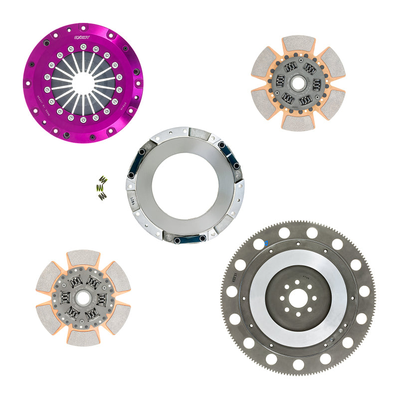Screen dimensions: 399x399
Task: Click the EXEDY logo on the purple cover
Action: [x=82, y=37]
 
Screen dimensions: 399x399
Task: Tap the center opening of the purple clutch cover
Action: [x=83, y=84]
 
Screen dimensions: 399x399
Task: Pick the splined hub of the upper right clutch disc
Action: [x=298, y=83]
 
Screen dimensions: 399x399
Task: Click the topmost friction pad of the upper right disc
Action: [x=299, y=44]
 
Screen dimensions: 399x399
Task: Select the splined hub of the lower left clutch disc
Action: [x=83, y=298]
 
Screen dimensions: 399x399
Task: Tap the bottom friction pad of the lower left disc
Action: [x=83, y=337]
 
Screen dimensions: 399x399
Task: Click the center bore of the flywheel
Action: [x=298, y=298]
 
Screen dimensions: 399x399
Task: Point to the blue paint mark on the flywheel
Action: [x=266, y=243]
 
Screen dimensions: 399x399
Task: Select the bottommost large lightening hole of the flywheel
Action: [x=298, y=364]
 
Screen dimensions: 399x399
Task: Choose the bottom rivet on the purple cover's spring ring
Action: [x=83, y=120]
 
